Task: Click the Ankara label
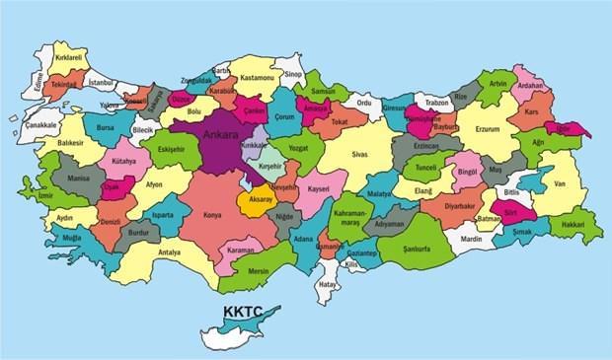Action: (x=218, y=135)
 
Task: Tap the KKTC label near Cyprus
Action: (x=242, y=314)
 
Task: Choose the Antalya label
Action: (x=169, y=252)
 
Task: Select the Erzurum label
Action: (x=488, y=129)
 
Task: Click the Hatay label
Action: (x=327, y=287)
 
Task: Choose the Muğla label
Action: (x=72, y=239)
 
